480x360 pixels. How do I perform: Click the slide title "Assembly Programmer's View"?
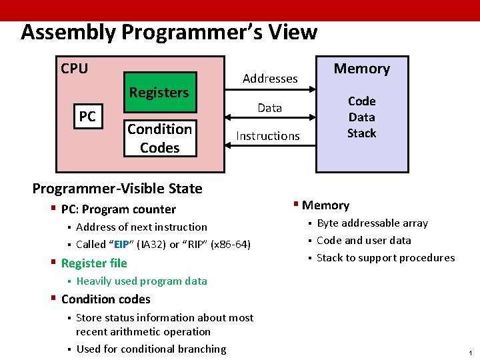pos(169,32)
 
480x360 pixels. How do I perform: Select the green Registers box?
pos(159,93)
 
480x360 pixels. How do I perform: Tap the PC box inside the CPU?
pos(87,117)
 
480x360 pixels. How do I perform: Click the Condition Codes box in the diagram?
pos(160,138)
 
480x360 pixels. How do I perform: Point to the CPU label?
pos(74,69)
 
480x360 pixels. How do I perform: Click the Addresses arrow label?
pos(270,79)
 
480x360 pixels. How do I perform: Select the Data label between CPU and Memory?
pos(269,108)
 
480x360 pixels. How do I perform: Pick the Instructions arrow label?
pos(268,136)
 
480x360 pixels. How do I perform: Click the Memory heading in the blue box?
pos(361,69)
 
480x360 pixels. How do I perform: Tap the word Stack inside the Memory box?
pos(361,133)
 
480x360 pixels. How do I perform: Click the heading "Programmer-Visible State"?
pos(117,189)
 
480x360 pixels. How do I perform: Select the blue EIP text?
pos(121,245)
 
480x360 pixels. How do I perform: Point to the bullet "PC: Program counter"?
pos(118,209)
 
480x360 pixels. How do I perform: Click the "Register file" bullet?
pos(93,263)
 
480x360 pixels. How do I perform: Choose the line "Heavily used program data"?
pos(141,281)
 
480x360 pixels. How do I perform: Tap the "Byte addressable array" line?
pos(372,223)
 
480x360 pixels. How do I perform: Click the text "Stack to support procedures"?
pos(385,258)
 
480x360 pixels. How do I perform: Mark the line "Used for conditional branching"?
pos(151,349)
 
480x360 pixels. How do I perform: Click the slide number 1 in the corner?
pos(470,352)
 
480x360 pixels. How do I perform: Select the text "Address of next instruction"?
pos(141,227)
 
